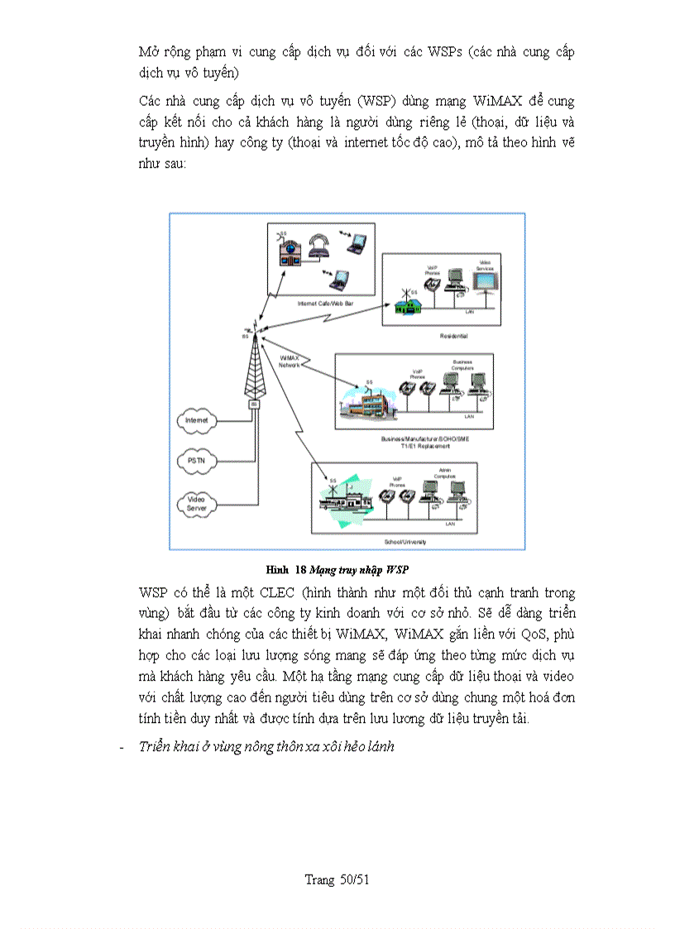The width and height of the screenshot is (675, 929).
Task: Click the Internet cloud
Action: [197, 421]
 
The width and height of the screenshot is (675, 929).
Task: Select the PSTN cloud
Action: [196, 461]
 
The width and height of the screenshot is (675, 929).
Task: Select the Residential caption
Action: [454, 336]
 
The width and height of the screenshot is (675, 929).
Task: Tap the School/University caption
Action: [405, 541]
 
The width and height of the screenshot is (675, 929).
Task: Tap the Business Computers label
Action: [462, 365]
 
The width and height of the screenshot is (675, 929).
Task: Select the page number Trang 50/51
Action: [337, 880]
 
